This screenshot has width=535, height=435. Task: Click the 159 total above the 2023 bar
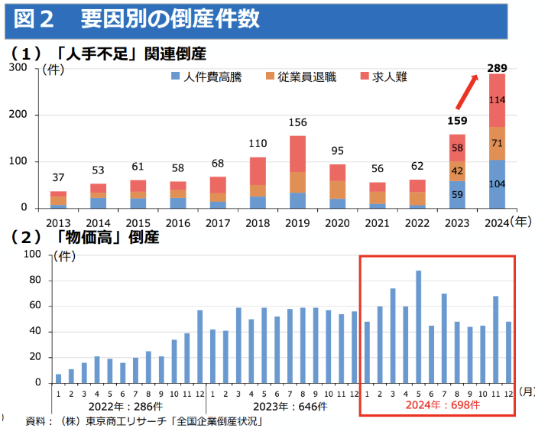point(457,120)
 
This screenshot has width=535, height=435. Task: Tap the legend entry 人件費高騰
point(206,77)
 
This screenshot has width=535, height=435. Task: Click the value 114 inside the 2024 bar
point(498,100)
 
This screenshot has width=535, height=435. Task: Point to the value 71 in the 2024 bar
point(498,143)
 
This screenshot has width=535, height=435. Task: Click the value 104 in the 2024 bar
point(498,183)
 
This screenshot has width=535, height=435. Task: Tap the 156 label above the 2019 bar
point(297,122)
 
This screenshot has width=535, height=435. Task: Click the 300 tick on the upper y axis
point(18,68)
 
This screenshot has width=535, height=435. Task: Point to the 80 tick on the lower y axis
point(33,281)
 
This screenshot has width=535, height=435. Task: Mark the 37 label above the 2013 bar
point(58,178)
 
